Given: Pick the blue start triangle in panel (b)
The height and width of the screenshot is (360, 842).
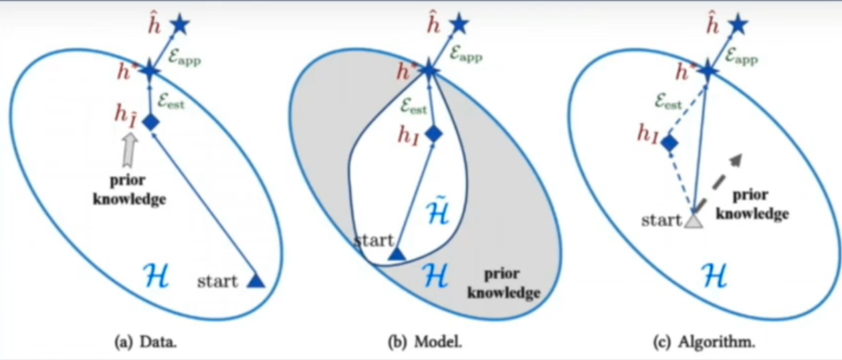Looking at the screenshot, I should [397, 254].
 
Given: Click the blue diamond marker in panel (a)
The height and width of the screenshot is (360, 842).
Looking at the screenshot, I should [152, 122].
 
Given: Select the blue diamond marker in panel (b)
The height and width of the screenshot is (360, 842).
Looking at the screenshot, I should [434, 133].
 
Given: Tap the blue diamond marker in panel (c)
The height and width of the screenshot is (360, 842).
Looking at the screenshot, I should [669, 142].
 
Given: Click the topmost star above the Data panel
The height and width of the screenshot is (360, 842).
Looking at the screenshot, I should [179, 25].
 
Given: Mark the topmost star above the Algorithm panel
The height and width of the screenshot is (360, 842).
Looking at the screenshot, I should [737, 25].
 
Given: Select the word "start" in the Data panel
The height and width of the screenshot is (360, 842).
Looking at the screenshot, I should [217, 282].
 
